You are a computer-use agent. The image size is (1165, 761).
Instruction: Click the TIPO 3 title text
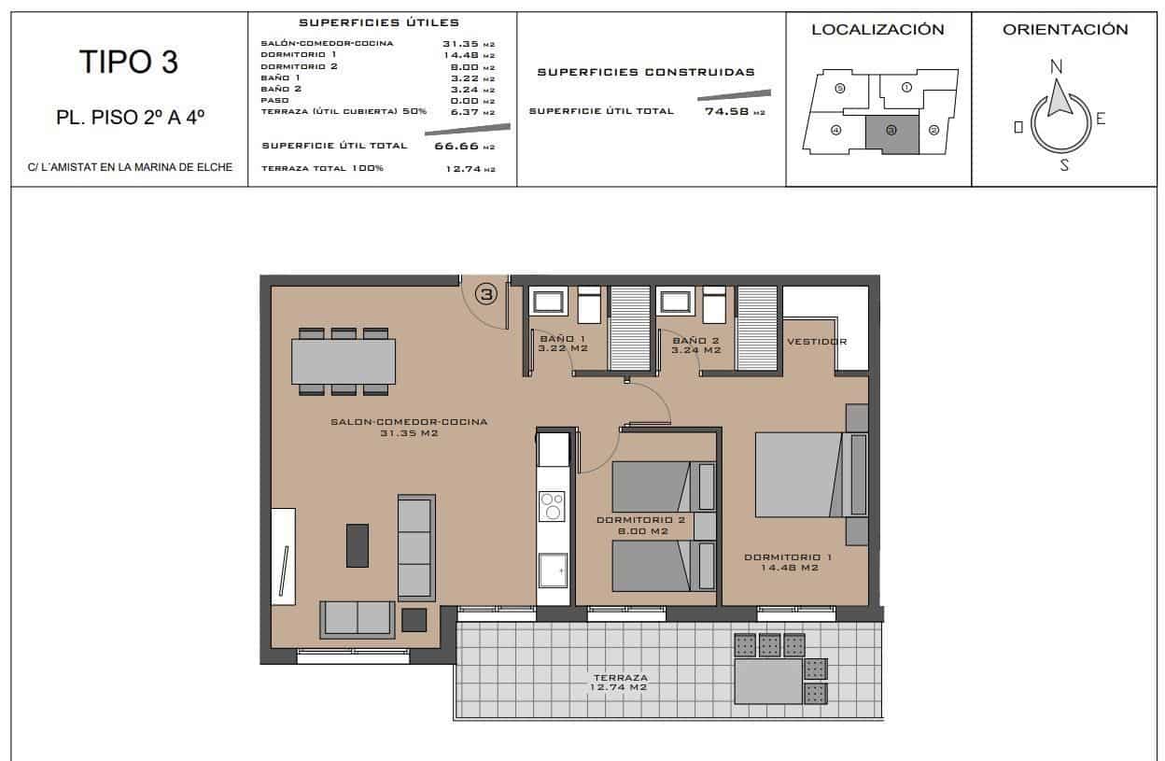(129, 62)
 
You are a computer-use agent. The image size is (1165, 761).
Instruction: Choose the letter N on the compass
(1056, 66)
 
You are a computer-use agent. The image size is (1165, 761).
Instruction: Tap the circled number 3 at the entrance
(486, 294)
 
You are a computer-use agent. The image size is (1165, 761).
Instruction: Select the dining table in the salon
(344, 361)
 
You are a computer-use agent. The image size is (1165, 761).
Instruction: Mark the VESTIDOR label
(817, 342)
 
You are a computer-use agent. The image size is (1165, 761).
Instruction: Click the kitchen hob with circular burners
(553, 506)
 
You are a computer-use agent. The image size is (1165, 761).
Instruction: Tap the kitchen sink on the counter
(553, 569)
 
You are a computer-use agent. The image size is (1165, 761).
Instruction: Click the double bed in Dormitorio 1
(800, 474)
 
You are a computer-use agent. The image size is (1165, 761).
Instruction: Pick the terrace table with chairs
(768, 681)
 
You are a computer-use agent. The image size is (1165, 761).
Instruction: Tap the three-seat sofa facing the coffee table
(416, 547)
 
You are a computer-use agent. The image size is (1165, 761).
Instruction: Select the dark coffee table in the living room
(358, 545)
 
